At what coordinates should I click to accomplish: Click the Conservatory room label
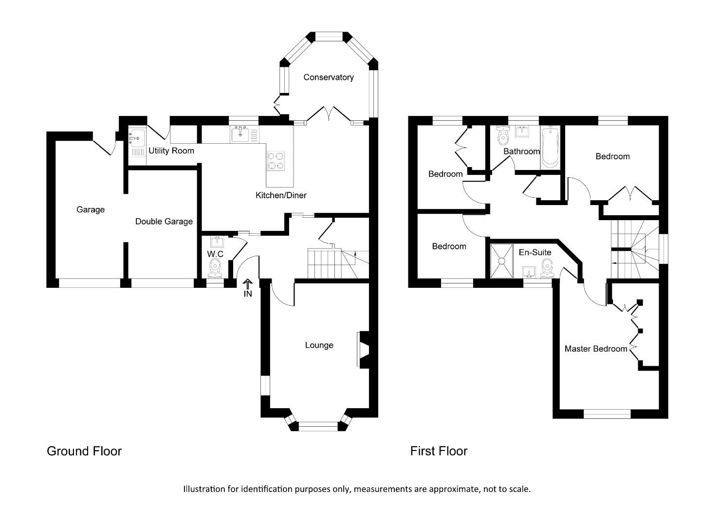click(x=328, y=77)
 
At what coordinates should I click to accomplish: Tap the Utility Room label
click(x=171, y=150)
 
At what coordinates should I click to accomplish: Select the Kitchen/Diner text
click(x=281, y=195)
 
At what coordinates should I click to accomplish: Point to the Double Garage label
click(x=164, y=222)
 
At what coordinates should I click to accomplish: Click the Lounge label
click(x=319, y=345)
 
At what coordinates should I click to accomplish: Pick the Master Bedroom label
click(x=595, y=349)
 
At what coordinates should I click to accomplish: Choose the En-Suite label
click(x=535, y=252)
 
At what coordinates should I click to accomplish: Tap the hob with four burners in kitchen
click(x=276, y=161)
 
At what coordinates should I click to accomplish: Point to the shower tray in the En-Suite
click(x=501, y=261)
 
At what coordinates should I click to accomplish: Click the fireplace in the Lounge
click(x=363, y=349)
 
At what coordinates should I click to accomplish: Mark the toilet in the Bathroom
click(x=502, y=136)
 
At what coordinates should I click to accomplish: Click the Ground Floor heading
click(x=84, y=451)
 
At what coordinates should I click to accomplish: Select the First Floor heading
click(x=438, y=451)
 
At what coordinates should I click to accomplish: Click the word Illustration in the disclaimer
click(x=204, y=489)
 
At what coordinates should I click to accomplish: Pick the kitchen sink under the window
click(x=240, y=133)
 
